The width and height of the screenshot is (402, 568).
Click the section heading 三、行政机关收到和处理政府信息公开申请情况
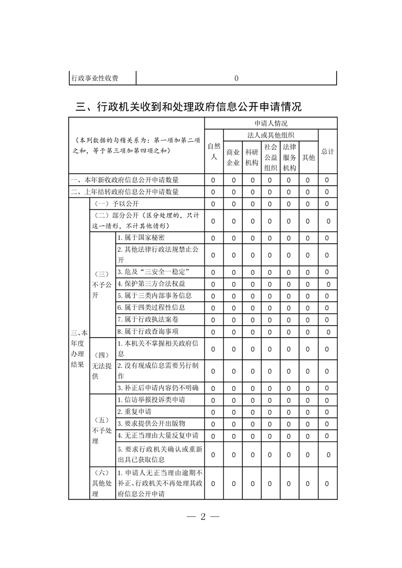(188, 107)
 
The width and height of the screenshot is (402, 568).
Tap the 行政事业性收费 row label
(96, 78)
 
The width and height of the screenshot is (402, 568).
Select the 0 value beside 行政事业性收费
(237, 78)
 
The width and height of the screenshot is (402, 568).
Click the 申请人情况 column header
(271, 124)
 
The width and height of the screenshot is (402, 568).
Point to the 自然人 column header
(214, 151)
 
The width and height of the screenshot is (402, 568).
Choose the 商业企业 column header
(233, 157)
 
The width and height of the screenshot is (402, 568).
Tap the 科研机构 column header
(251, 157)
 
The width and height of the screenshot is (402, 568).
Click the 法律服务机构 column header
(289, 157)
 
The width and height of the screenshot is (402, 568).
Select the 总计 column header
(327, 151)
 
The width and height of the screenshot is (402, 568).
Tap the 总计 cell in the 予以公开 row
(327, 204)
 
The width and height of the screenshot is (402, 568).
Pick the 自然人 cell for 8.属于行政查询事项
(213, 332)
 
